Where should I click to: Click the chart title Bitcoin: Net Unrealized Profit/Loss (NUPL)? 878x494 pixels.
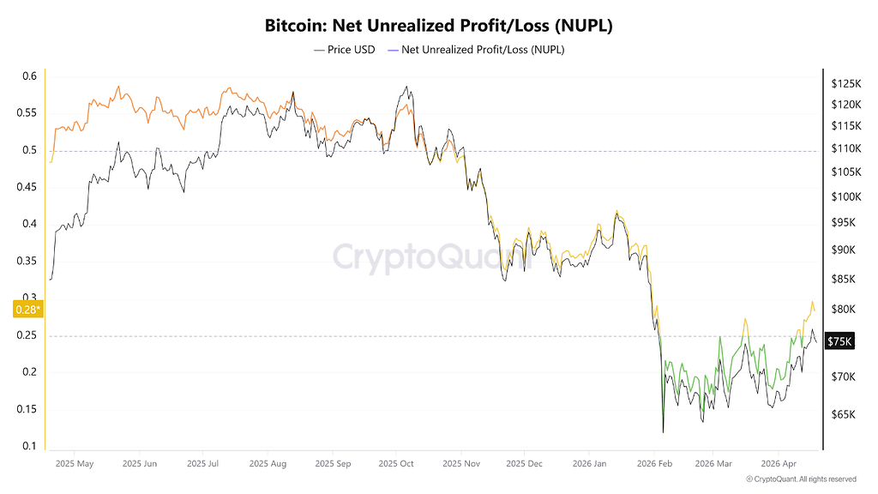click(x=438, y=26)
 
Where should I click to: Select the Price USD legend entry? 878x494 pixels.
click(x=345, y=50)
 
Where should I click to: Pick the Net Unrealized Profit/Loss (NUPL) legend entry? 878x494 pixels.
click(x=476, y=50)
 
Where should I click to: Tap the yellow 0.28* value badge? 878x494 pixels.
click(x=28, y=309)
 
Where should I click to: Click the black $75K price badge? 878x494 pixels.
click(x=839, y=341)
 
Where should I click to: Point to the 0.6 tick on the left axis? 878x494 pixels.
click(x=30, y=75)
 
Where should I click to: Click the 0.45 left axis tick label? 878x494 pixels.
click(x=27, y=186)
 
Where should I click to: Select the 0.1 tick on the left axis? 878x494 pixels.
click(x=30, y=446)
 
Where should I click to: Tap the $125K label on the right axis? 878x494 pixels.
click(x=846, y=84)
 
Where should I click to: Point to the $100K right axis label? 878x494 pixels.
click(x=846, y=196)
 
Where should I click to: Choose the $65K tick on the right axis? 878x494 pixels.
click(x=844, y=414)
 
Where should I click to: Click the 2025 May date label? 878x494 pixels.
click(x=75, y=464)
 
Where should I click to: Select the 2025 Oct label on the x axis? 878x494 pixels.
click(x=396, y=464)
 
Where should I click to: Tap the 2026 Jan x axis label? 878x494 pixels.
click(x=589, y=464)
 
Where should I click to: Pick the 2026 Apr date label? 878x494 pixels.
click(x=778, y=464)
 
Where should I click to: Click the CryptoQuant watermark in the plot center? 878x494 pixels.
click(x=432, y=257)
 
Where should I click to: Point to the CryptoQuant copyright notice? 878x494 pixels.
click(x=802, y=479)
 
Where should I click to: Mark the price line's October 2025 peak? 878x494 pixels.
click(x=406, y=87)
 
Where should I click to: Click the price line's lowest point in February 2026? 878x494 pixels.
click(x=663, y=432)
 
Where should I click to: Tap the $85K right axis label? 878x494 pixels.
click(x=844, y=279)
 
